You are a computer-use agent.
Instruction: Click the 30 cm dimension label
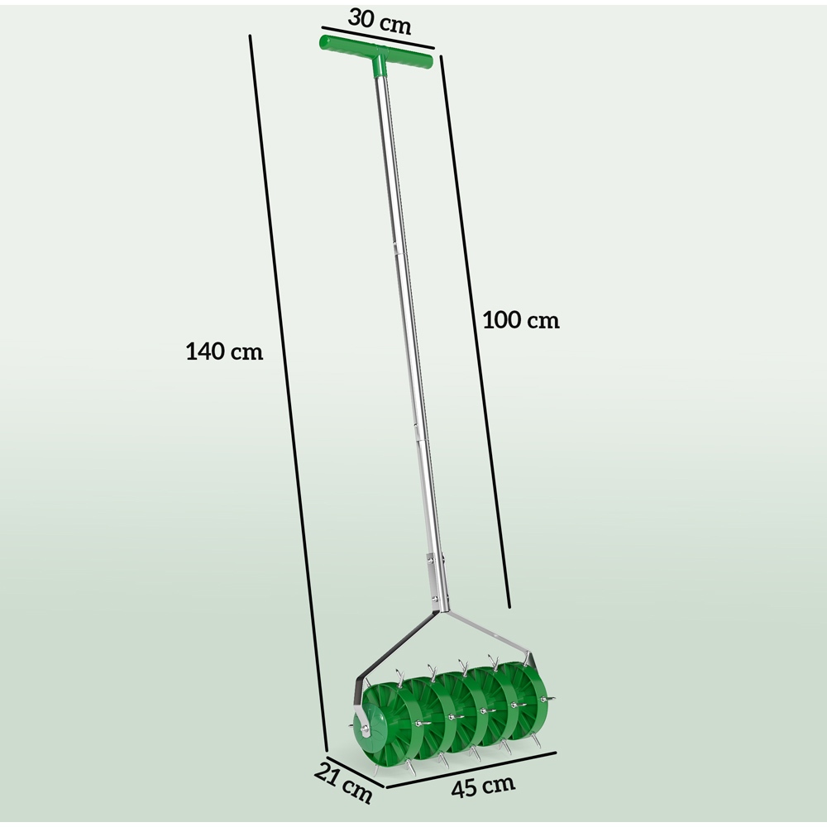[380, 22]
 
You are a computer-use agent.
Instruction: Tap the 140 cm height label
[223, 351]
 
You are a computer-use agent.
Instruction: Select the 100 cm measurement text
[521, 321]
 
